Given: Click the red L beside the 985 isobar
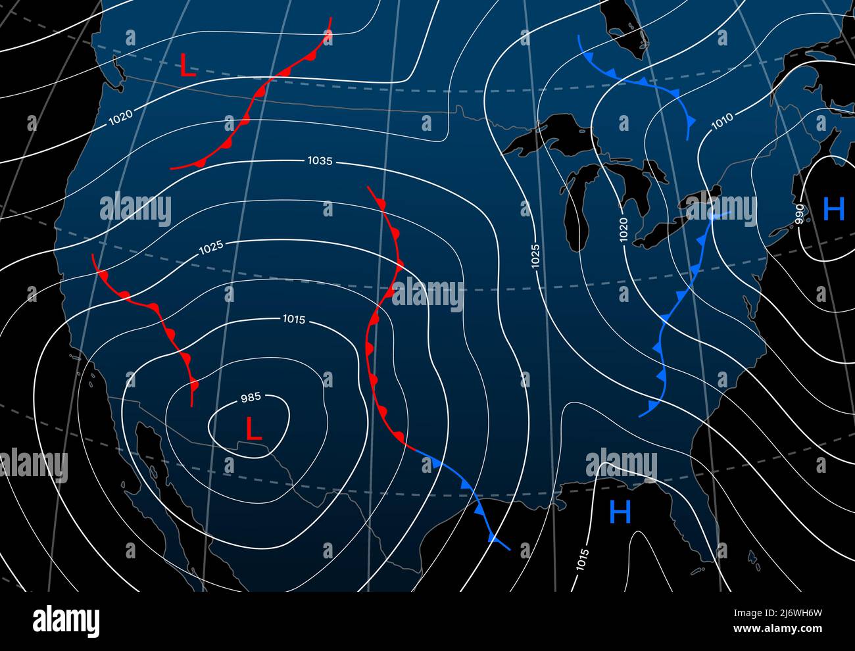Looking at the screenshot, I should click(x=253, y=429).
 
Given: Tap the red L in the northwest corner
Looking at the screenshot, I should click(x=188, y=66).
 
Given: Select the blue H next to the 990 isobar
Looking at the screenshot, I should click(x=833, y=209).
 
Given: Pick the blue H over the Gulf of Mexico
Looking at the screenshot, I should click(x=620, y=512).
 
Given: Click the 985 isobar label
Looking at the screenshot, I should click(x=251, y=397).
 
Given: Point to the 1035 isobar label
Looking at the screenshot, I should click(x=320, y=160).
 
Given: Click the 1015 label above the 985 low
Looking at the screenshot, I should click(x=293, y=320).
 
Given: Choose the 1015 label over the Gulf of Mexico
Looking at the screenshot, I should click(x=582, y=560).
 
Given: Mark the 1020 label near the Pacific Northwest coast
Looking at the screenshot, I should click(x=120, y=117).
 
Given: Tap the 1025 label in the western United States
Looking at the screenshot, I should click(x=211, y=247).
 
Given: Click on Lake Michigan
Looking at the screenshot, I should click(x=577, y=204).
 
